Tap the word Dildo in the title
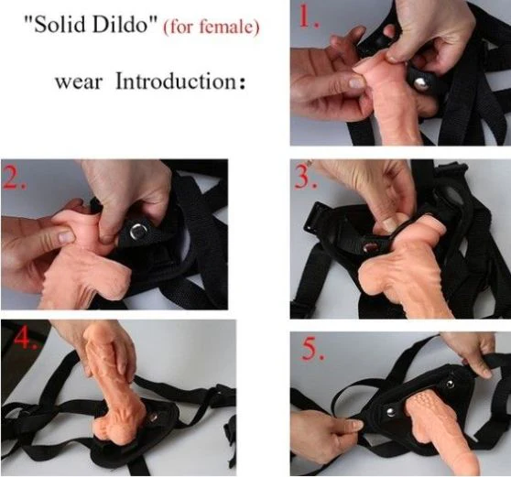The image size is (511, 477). point(127,27)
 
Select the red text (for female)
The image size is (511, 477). point(211,27)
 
